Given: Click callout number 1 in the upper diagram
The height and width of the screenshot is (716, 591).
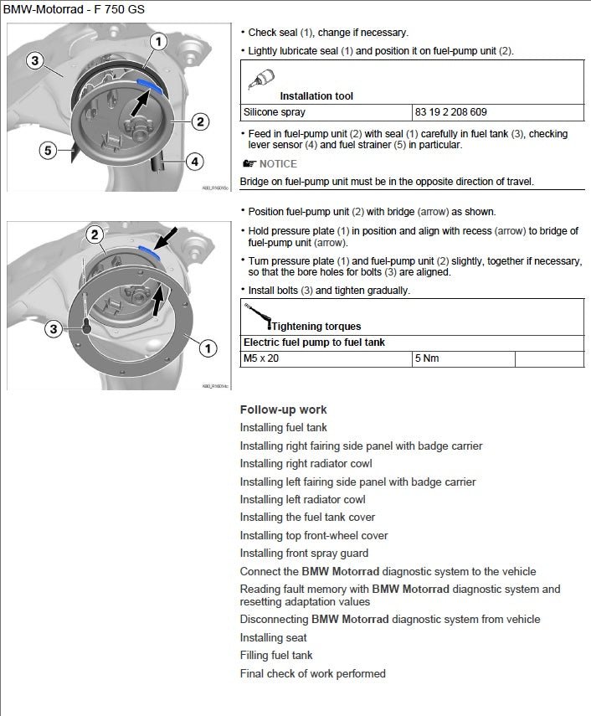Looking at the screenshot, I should click(159, 41).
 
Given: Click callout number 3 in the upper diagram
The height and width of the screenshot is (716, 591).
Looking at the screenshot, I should click(34, 60).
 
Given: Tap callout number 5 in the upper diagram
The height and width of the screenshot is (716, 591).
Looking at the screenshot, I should click(49, 151).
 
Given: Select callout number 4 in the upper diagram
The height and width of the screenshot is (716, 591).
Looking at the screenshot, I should click(193, 160).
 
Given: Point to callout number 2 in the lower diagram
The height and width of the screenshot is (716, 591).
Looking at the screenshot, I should click(95, 235).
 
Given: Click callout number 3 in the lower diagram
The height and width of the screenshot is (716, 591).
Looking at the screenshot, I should click(54, 329).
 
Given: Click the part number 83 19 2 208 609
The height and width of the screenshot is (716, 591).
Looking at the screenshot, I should click(450, 112).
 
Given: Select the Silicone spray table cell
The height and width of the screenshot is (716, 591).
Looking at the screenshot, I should click(275, 112).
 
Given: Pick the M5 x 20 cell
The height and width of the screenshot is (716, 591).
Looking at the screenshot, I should click(261, 358).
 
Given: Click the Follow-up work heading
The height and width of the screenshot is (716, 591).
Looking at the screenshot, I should click(283, 410).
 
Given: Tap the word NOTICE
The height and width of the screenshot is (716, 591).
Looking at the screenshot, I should click(278, 164).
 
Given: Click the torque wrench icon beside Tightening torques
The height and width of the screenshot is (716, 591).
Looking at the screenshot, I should click(254, 315).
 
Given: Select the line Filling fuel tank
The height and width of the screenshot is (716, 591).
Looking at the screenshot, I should click(276, 655).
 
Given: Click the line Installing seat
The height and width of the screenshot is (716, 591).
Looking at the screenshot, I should click(273, 637).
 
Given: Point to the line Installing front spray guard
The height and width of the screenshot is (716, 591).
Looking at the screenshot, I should click(304, 553).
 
